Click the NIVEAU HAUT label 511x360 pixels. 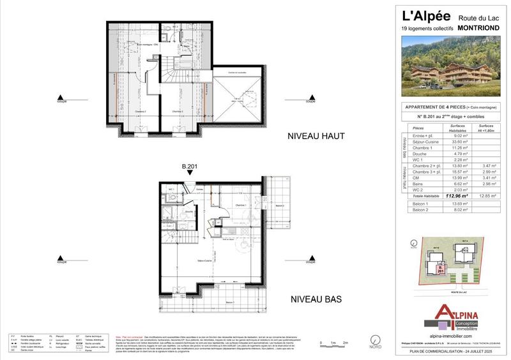point(317,136)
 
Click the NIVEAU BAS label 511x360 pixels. point(317,299)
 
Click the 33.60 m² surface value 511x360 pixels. point(461,142)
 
